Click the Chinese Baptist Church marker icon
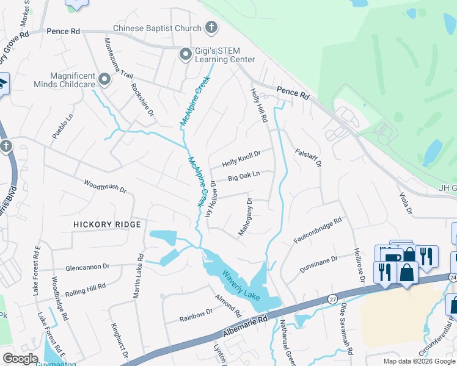tap(211, 27)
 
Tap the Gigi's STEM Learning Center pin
tap(185, 55)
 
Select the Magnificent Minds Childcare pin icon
tap(104, 78)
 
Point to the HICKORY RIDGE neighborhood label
tap(107, 224)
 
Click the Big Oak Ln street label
tap(244, 178)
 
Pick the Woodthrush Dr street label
tap(104, 187)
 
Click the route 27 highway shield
tap(332, 299)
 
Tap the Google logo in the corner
tap(21, 359)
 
